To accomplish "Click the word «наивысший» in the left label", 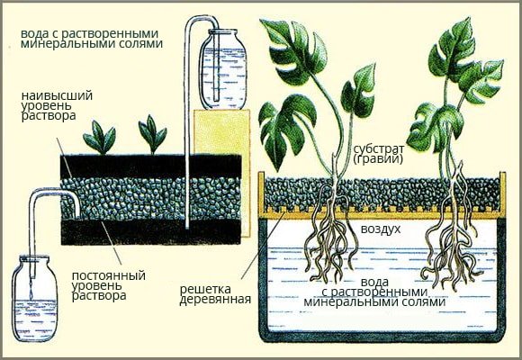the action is tap(57, 96).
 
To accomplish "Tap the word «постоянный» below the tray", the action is tap(109, 275).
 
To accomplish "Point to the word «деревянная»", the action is tap(215, 300).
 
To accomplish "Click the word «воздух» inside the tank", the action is tap(381, 229).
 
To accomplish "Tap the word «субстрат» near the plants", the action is tap(379, 148).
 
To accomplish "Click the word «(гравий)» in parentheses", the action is tap(378, 159).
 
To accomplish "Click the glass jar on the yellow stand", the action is tap(223, 69).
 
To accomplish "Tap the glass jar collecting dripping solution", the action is tap(34, 299).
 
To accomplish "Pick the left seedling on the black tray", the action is tap(100, 139).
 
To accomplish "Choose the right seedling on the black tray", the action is tap(152, 135).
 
